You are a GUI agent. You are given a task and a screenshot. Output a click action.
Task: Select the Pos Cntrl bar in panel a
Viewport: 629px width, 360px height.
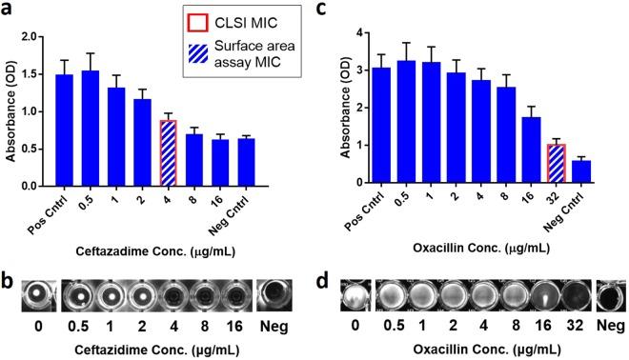click(64, 129)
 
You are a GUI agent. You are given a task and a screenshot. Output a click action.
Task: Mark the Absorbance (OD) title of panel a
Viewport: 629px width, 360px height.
click(12, 107)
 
